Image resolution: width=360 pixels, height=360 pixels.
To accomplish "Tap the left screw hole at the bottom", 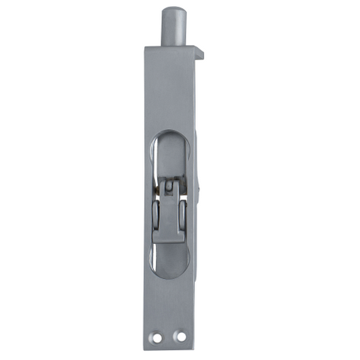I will (157, 337).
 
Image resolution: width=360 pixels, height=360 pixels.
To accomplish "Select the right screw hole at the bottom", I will (179, 337).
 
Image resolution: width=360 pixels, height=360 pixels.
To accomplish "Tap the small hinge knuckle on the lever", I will (171, 184).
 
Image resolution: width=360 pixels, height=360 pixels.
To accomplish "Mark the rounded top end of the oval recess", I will (172, 135).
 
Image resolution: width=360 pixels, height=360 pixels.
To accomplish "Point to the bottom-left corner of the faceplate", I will (148, 349).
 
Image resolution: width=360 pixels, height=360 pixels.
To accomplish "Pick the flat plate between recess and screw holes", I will (169, 300).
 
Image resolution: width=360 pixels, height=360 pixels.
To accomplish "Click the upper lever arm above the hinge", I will (171, 157).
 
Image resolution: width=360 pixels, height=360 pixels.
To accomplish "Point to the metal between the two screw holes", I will (168, 337).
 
